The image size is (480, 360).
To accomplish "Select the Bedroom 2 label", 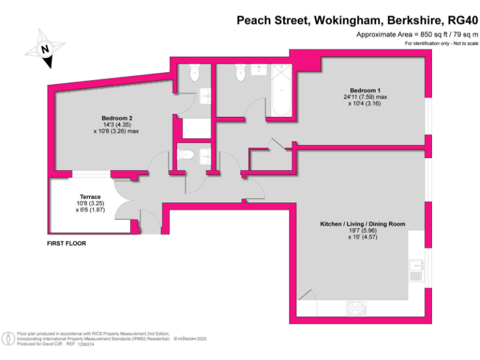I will coord(117,117).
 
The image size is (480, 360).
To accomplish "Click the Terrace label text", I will coord(90,197).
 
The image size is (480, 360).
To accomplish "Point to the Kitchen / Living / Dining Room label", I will coord(362,224).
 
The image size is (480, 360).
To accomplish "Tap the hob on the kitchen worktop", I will coord(356,307).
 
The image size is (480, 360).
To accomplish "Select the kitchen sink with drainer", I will coord(416,271).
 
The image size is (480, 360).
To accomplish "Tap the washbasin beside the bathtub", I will coord(259,69).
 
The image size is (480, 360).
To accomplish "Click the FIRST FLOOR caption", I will coord(66,243).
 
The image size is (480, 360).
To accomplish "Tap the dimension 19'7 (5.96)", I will coord(362,231).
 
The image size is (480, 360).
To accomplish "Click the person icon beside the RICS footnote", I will coord(8,338).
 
